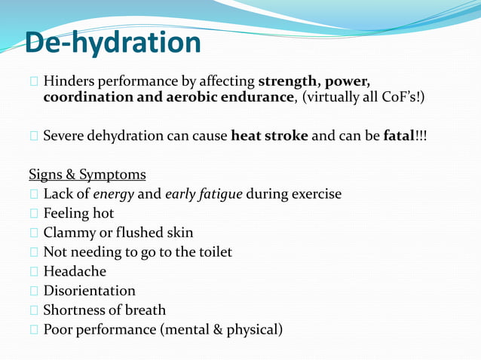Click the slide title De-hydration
(112, 43)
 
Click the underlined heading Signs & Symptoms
(87, 175)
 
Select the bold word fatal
(399, 136)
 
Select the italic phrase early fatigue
(203, 194)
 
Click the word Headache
(75, 271)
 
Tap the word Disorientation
(89, 291)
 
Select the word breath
(144, 310)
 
